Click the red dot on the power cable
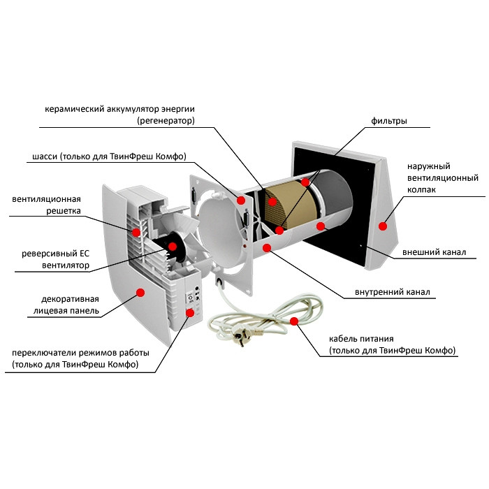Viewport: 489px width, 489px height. point(294,322)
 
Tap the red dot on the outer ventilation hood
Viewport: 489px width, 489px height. point(382,226)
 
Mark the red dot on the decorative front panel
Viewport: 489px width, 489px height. point(140,293)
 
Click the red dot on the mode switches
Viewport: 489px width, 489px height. point(189,312)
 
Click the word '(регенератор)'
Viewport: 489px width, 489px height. point(166,121)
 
